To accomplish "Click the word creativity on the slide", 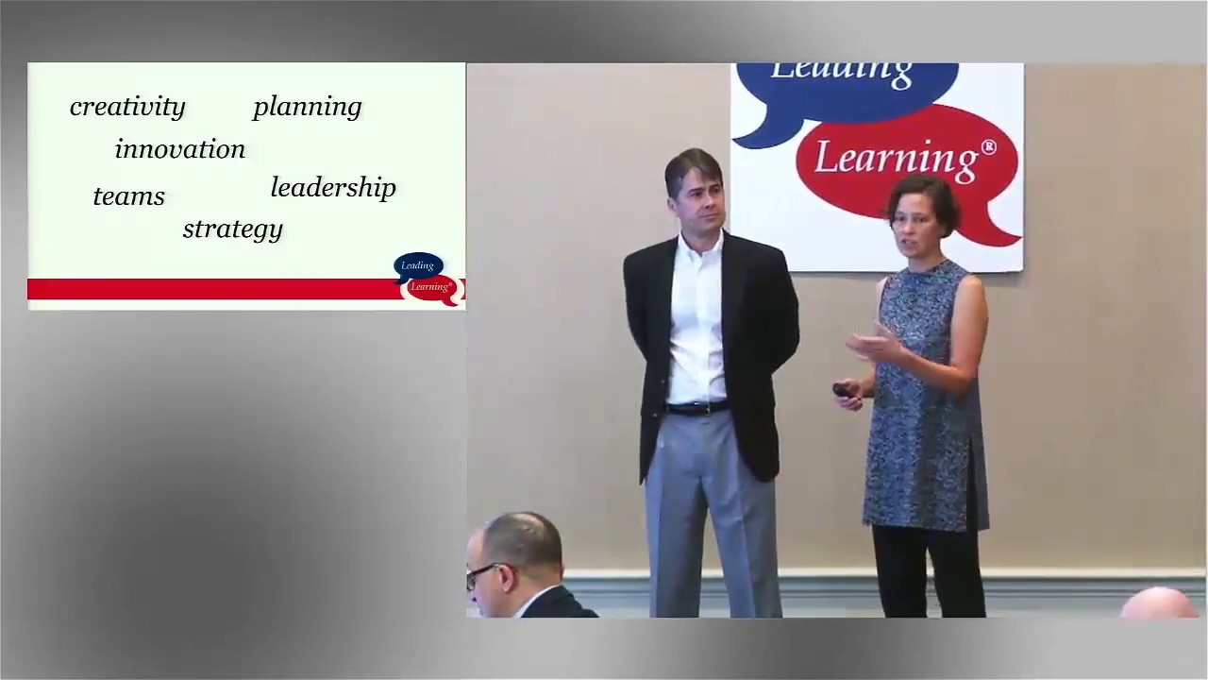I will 127,107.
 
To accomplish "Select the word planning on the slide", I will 307,107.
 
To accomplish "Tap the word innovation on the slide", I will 179,149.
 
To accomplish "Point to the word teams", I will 128,196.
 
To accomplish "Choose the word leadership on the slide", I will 333,188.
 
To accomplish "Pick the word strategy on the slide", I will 232,229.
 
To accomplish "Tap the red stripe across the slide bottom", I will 208,289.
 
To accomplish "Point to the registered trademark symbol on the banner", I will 988,147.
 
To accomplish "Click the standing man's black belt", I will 696,408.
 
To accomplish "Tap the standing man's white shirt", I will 696,321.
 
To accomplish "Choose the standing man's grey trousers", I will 708,510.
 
